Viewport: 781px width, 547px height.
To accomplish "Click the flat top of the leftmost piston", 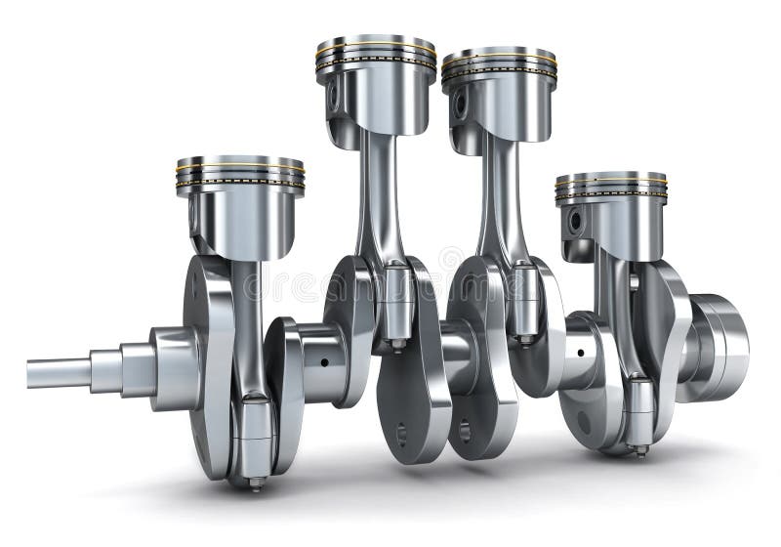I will pos(240,160).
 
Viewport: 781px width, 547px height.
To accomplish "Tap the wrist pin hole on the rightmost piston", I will pos(575,221).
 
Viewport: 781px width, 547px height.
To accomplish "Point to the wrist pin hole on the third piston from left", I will pos(459,105).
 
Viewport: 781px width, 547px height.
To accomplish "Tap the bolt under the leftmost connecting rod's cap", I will pos(255,483).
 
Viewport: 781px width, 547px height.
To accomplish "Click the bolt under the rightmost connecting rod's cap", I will pos(639,451).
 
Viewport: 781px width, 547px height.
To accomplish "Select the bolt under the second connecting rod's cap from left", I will pos(397,344).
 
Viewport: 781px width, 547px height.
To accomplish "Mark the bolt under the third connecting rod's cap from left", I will pos(525,341).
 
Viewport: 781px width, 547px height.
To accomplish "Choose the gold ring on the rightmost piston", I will pos(611,186).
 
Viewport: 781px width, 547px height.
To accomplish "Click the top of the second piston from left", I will pos(376,41).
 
